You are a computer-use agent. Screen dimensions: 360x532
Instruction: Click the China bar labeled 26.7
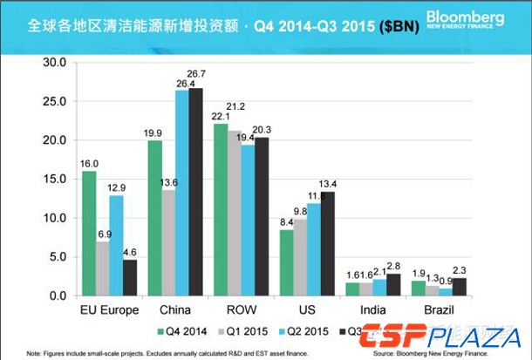click(x=196, y=192)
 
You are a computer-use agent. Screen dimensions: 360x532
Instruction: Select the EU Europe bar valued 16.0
click(x=89, y=234)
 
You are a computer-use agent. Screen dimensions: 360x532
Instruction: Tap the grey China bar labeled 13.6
click(x=168, y=243)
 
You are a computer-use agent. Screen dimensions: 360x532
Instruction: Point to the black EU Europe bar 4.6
click(x=130, y=278)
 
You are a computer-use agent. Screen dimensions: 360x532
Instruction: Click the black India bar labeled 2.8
click(x=393, y=285)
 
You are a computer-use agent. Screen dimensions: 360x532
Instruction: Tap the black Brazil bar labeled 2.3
click(x=460, y=287)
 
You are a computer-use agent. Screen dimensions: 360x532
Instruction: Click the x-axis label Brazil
click(x=439, y=311)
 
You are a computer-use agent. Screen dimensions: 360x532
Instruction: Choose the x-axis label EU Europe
click(x=109, y=311)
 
